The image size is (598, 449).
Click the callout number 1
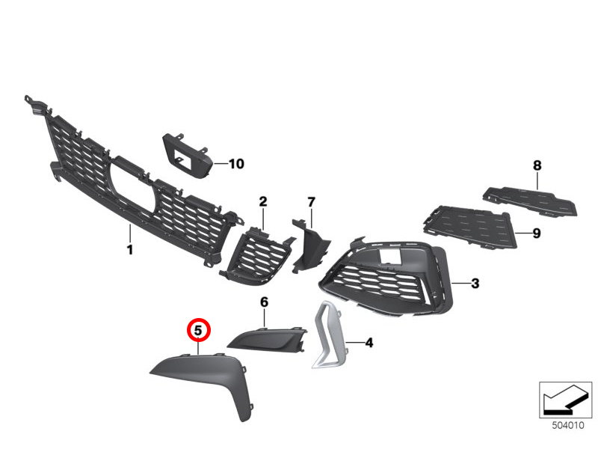click(130, 250)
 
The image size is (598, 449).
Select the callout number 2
click(263, 201)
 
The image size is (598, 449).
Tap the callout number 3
click(475, 284)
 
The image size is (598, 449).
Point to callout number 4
click(369, 343)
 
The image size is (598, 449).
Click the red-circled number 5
click(198, 330)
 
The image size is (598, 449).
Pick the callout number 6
click(265, 302)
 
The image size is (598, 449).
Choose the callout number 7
click(311, 202)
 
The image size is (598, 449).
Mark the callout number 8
click(537, 165)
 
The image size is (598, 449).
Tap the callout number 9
click(537, 233)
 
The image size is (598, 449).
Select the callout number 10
click(236, 164)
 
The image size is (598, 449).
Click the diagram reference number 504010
click(568, 425)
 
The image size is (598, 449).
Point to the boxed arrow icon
click(565, 400)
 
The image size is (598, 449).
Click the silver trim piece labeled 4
click(330, 335)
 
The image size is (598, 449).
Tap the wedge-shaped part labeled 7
click(310, 245)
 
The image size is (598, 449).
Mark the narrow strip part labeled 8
click(530, 201)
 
